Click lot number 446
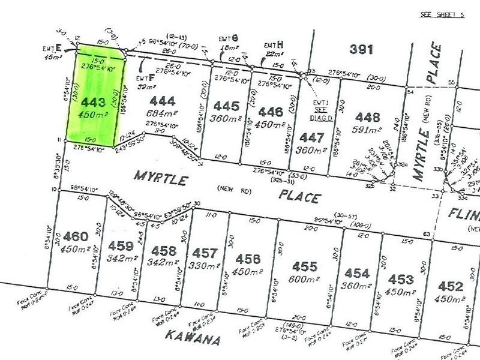[x=271, y=111]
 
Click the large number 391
[x=362, y=49]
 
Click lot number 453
[x=401, y=279]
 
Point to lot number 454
[x=357, y=274]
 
